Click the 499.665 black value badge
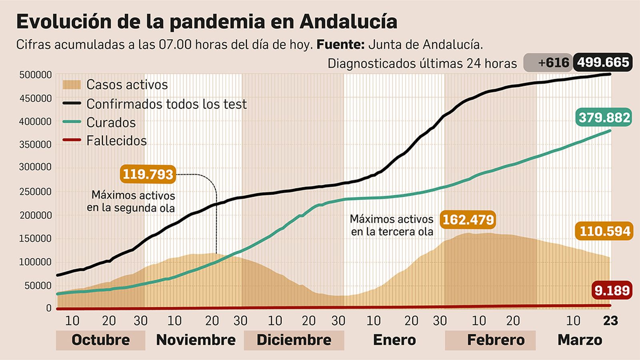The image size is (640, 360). [x=603, y=62]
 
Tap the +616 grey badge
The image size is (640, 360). [x=548, y=63]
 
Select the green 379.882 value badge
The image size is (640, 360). [x=604, y=118]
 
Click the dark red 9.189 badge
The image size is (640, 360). [x=612, y=290]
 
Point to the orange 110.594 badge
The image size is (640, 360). [x=604, y=231]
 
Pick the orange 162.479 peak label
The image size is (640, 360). [x=468, y=220]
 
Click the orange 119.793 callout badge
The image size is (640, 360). [x=148, y=174]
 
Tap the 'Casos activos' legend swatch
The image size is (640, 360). [x=72, y=85]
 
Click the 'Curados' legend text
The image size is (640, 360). [x=111, y=122]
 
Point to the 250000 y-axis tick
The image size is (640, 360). [x=35, y=192]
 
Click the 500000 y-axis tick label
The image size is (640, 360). [x=35, y=75]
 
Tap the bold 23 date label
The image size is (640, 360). [x=610, y=321]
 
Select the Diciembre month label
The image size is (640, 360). [x=294, y=340]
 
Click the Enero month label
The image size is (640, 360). [x=394, y=340]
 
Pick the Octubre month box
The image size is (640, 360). [x=100, y=340]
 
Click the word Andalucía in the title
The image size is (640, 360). [x=348, y=22]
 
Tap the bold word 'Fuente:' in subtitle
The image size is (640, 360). [x=340, y=44]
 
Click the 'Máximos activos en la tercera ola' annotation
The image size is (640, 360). [x=392, y=225]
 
